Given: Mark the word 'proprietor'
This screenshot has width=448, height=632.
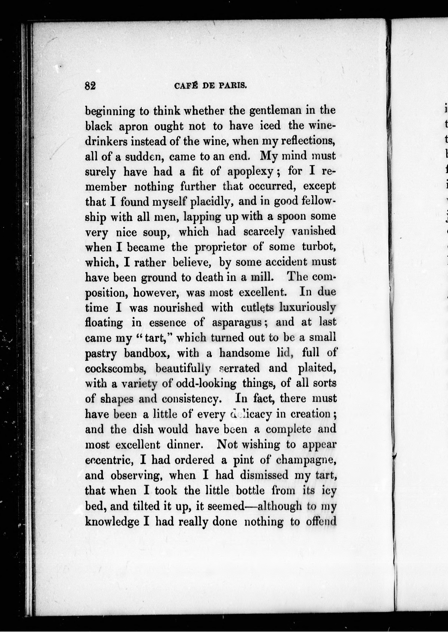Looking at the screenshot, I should click(221, 248).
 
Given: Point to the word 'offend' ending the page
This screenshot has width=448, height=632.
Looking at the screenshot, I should click(321, 521).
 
